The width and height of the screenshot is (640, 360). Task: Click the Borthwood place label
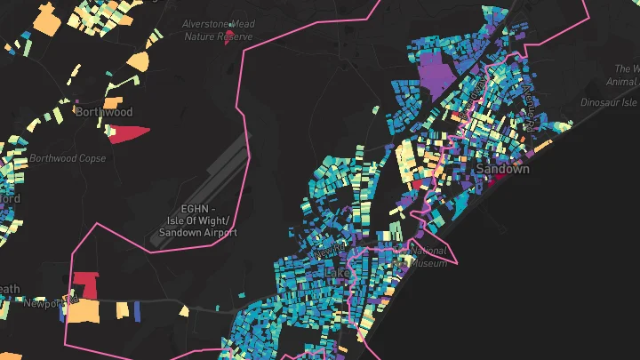coord(104,112)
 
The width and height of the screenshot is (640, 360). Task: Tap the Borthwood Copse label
coord(68,158)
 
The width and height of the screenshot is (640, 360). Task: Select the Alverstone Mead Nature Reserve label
coord(219,30)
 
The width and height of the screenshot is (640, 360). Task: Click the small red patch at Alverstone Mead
coord(231,36)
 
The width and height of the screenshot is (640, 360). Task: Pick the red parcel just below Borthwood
coord(125,133)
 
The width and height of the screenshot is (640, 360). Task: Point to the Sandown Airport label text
coord(197,220)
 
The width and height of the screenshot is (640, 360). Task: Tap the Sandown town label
coord(502,168)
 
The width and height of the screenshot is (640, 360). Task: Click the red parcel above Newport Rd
coord(85,284)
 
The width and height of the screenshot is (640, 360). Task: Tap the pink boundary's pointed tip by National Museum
coord(458,262)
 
